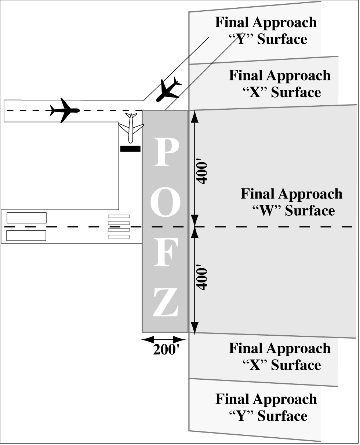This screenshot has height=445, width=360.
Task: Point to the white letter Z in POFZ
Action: click(166, 303)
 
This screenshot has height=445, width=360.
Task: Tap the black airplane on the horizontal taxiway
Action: click(65, 110)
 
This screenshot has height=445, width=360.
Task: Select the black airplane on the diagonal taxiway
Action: click(168, 89)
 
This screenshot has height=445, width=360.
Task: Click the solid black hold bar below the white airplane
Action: click(130, 149)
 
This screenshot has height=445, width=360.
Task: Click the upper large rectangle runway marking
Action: click(27, 218)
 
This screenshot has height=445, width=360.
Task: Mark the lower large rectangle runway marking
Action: click(26, 235)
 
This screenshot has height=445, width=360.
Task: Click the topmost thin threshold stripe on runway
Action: click(119, 216)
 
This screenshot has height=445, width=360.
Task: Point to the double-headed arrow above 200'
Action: click(163, 339)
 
